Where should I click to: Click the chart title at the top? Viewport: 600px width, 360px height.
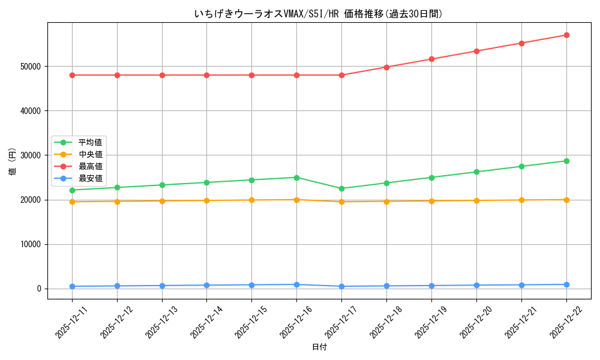pyautogui.click(x=319, y=14)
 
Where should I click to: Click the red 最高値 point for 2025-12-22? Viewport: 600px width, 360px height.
pyautogui.click(x=566, y=35)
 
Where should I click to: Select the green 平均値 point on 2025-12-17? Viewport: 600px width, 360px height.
pyautogui.click(x=341, y=188)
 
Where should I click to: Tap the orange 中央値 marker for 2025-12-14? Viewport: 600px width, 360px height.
pyautogui.click(x=206, y=200)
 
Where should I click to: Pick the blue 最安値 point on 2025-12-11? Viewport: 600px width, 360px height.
pyautogui.click(x=72, y=286)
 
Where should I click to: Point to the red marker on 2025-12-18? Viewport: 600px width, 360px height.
pyautogui.click(x=386, y=67)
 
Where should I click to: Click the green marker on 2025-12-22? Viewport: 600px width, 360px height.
pyautogui.click(x=566, y=161)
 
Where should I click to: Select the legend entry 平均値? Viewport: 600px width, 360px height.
pyautogui.click(x=90, y=142)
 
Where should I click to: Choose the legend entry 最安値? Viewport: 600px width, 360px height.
pyautogui.click(x=90, y=178)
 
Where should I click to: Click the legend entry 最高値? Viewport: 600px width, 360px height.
pyautogui.click(x=90, y=166)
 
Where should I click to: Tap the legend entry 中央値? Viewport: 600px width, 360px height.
pyautogui.click(x=90, y=154)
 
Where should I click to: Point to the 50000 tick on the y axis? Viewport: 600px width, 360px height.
pyautogui.click(x=31, y=67)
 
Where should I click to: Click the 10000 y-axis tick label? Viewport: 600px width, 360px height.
pyautogui.click(x=31, y=244)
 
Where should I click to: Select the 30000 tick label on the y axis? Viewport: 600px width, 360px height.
pyautogui.click(x=31, y=155)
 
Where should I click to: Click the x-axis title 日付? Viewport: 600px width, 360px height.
pyautogui.click(x=319, y=347)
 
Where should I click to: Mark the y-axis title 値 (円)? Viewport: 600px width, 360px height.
pyautogui.click(x=12, y=162)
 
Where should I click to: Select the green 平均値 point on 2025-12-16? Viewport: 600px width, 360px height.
pyautogui.click(x=296, y=178)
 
